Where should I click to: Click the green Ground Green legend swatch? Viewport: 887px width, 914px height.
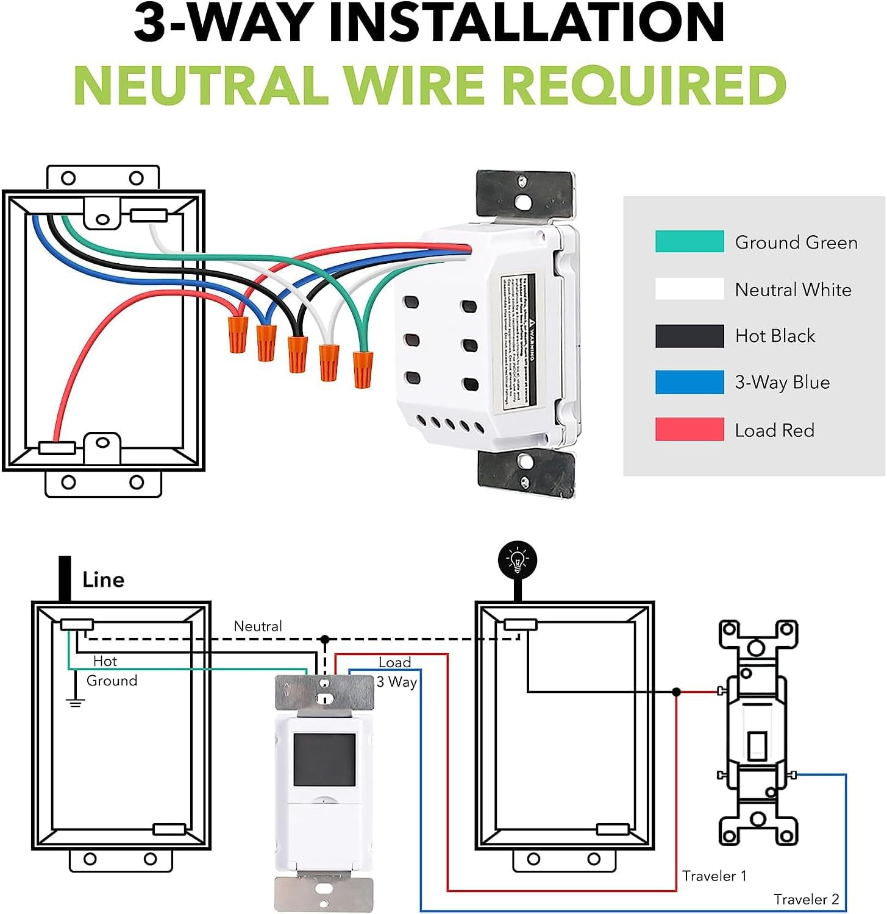pyautogui.click(x=689, y=241)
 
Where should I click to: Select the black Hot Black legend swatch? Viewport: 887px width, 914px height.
pyautogui.click(x=689, y=336)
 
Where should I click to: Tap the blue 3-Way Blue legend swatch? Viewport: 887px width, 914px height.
pyautogui.click(x=689, y=382)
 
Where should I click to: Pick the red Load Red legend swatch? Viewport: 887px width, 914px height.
pyautogui.click(x=689, y=429)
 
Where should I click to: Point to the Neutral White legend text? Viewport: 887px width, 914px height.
pyautogui.click(x=793, y=289)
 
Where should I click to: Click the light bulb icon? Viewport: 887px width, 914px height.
pyautogui.click(x=518, y=560)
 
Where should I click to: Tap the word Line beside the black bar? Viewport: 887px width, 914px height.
pyautogui.click(x=103, y=579)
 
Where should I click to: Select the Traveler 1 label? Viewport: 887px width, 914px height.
pyautogui.click(x=714, y=876)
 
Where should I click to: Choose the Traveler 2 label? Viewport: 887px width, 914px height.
pyautogui.click(x=806, y=899)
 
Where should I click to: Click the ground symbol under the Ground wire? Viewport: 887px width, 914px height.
pyautogui.click(x=75, y=703)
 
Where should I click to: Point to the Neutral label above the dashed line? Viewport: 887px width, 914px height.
pyautogui.click(x=258, y=626)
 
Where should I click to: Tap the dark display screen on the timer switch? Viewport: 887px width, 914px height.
pyautogui.click(x=324, y=759)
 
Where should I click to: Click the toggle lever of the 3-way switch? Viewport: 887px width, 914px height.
pyautogui.click(x=757, y=745)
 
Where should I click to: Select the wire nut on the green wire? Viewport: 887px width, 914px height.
pyautogui.click(x=362, y=369)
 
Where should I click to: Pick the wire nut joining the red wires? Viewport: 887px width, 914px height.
pyautogui.click(x=238, y=334)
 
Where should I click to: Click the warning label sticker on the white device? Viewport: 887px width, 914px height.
pyautogui.click(x=518, y=341)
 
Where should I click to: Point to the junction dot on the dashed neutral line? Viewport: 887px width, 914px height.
pyautogui.click(x=325, y=640)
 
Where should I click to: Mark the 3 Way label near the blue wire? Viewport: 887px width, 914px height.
pyautogui.click(x=396, y=682)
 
